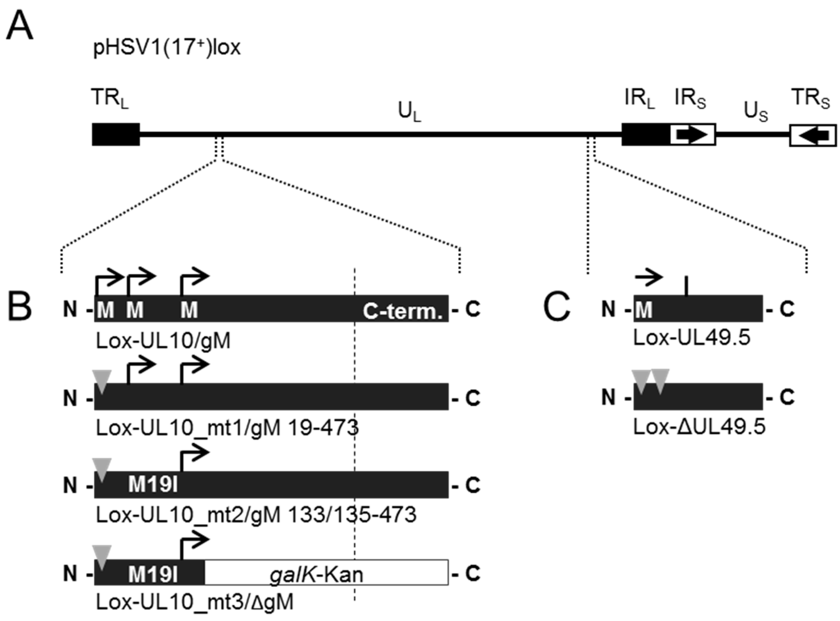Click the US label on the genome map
[756, 112]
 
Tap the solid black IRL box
[645, 134]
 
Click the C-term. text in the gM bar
[402, 312]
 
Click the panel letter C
[557, 309]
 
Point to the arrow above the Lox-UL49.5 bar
[649, 278]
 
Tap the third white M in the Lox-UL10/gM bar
[189, 310]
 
